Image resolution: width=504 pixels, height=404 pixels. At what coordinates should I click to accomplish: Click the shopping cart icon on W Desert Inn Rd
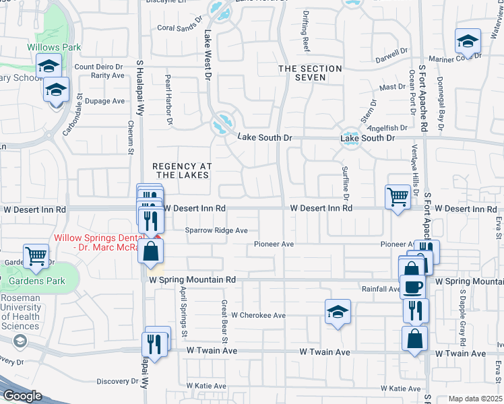point(398,197)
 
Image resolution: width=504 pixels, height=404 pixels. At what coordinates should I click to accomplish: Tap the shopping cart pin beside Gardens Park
point(36,256)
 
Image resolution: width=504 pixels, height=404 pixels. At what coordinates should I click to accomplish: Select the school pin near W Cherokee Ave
point(338,312)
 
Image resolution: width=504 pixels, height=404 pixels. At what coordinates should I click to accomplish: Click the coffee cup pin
point(412,285)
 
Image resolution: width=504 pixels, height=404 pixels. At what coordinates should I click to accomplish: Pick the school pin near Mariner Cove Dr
point(467,42)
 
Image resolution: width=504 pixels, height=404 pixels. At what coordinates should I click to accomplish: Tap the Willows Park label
point(54,47)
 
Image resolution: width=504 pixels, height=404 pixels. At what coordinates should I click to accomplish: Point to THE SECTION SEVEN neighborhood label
point(302,73)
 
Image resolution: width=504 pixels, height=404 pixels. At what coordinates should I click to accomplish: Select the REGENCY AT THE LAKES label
point(182,170)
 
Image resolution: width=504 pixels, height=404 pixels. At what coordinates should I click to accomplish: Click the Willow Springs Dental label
point(101,243)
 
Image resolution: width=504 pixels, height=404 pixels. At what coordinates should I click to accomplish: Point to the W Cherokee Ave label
point(259,315)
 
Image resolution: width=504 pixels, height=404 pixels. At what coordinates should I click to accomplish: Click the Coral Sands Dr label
point(179,28)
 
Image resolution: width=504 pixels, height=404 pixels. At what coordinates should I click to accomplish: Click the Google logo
point(22,396)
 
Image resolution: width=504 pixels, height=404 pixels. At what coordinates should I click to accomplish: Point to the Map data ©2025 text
point(475,399)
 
